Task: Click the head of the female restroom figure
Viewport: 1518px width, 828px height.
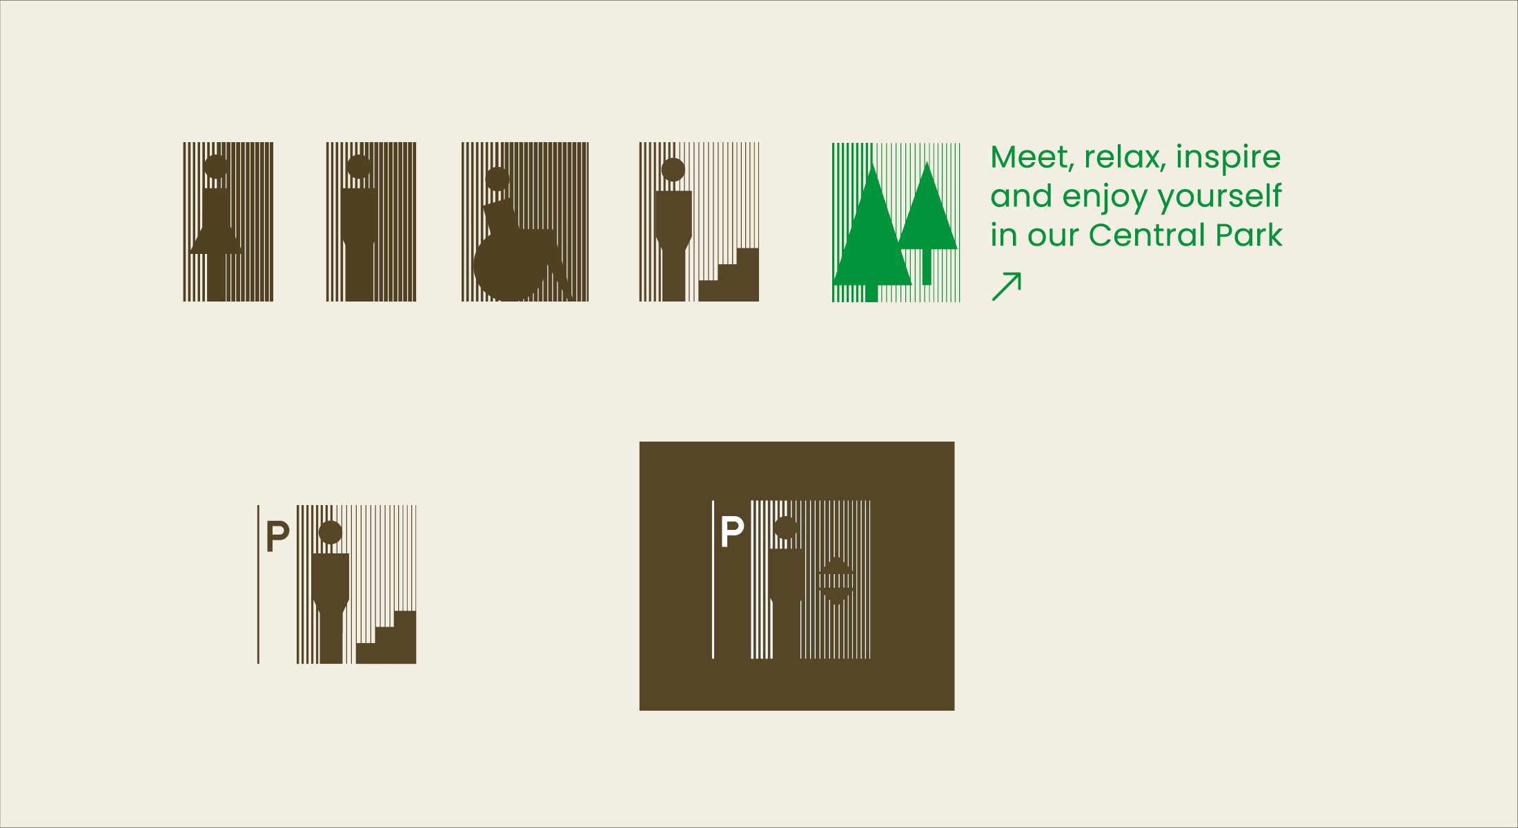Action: pyautogui.click(x=216, y=166)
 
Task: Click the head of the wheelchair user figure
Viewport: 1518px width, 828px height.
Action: pyautogui.click(x=497, y=179)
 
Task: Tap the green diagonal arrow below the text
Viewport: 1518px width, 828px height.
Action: pyautogui.click(x=1006, y=286)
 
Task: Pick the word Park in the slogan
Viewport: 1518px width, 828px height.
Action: pyautogui.click(x=1249, y=235)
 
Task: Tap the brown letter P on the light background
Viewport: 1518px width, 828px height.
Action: pyautogui.click(x=277, y=536)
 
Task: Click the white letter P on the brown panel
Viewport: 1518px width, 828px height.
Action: pyautogui.click(x=732, y=531)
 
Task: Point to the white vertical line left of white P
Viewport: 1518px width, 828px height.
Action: pyautogui.click(x=713, y=580)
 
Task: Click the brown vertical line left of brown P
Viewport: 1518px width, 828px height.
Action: pyautogui.click(x=258, y=584)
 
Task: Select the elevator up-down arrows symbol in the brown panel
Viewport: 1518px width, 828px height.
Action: pyautogui.click(x=836, y=580)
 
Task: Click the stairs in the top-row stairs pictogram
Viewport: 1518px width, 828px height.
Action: pyautogui.click(x=729, y=275)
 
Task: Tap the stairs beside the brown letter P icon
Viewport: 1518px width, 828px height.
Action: pyautogui.click(x=386, y=638)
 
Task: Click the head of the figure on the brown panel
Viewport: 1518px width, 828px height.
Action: pyautogui.click(x=786, y=529)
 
